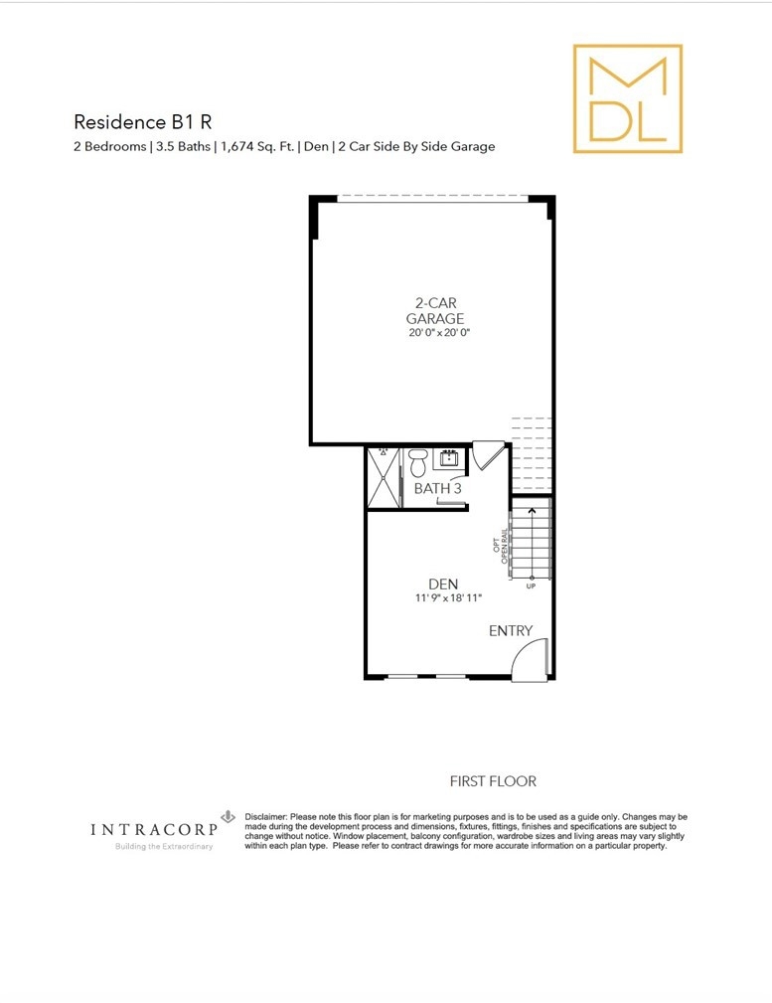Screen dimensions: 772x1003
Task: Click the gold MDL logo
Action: tap(628, 98)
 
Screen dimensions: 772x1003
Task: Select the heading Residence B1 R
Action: tap(143, 121)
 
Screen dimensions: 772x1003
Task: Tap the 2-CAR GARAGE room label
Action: tap(435, 310)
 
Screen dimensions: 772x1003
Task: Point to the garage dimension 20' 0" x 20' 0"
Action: tap(439, 333)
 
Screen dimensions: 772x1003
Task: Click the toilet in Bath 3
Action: tap(418, 462)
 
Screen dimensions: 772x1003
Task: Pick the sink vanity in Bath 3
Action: tap(448, 458)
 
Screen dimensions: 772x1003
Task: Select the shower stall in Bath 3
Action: tap(384, 478)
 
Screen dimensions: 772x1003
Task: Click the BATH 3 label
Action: tap(437, 489)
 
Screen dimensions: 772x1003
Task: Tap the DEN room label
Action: tap(443, 585)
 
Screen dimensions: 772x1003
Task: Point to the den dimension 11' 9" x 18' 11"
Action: tap(448, 598)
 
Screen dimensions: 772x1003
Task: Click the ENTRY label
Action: tap(511, 630)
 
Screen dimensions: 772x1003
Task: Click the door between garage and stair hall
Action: tap(488, 454)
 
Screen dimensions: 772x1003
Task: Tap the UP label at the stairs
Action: tap(531, 585)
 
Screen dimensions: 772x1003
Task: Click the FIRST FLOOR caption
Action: tap(493, 781)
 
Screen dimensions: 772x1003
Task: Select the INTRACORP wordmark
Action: tap(153, 830)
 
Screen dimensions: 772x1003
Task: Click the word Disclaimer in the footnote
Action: tap(265, 817)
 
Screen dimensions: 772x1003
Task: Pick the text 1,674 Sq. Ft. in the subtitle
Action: tap(257, 146)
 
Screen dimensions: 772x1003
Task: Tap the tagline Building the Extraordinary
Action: tap(164, 846)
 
